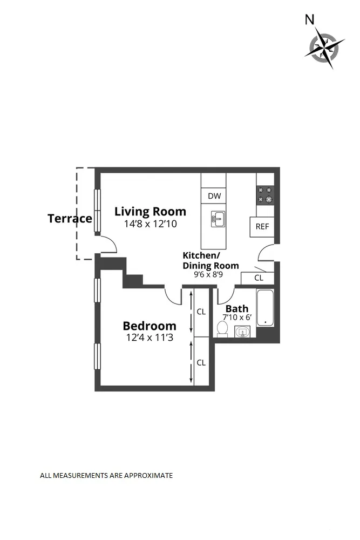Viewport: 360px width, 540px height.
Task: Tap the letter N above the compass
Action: coord(310,20)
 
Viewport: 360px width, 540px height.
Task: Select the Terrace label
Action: coord(70,219)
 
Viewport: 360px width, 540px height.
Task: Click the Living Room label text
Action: coord(150,211)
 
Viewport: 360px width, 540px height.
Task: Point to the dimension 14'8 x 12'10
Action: coord(146,224)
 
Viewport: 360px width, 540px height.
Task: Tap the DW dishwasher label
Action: coord(214,196)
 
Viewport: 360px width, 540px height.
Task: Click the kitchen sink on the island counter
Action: coord(219,219)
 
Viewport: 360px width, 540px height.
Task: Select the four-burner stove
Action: coord(265,195)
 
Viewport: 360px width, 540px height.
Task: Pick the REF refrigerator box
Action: coord(262,227)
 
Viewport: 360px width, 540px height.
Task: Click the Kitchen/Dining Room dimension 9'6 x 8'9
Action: coord(210,274)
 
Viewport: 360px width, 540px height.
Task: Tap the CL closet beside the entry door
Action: coord(259,278)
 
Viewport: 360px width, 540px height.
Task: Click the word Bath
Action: coord(237,308)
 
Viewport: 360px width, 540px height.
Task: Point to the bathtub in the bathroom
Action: coord(265,308)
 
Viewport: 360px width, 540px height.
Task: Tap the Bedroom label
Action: coord(150,326)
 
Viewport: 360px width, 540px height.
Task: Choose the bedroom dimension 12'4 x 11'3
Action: coord(150,337)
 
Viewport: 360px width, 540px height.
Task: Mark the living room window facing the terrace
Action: coord(98,211)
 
